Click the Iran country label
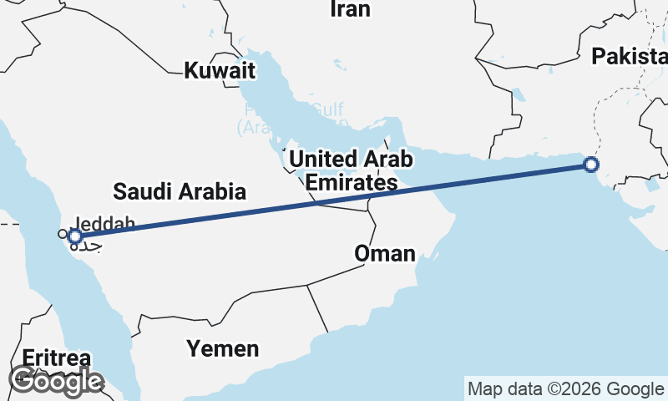click(x=350, y=9)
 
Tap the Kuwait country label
click(x=220, y=70)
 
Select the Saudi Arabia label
click(x=180, y=191)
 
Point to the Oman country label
click(x=385, y=253)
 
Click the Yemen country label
click(x=222, y=348)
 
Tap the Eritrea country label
click(x=56, y=358)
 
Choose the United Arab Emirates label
click(x=351, y=170)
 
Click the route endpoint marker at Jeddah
click(x=75, y=236)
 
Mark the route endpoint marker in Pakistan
click(x=591, y=165)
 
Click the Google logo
click(x=56, y=381)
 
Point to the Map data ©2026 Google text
click(x=565, y=388)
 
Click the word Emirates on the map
click(x=352, y=182)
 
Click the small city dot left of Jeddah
click(x=61, y=234)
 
